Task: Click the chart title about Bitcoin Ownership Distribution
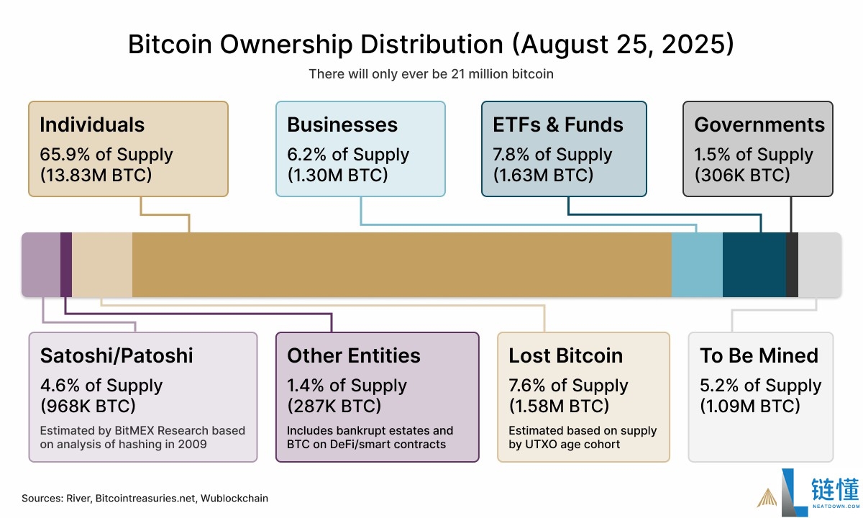[431, 45]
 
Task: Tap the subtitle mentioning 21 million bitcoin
[431, 73]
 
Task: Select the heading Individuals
[92, 124]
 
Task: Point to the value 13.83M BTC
[96, 175]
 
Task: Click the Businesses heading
[342, 124]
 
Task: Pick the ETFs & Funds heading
[558, 124]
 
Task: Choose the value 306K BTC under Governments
[742, 175]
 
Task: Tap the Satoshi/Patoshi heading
[117, 355]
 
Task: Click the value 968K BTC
[88, 406]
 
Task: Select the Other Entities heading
[354, 355]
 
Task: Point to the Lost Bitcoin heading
[566, 355]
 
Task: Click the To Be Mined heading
[759, 355]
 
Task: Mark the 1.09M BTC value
[750, 406]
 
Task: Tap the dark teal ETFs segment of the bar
[754, 265]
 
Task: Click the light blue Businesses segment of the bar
[697, 265]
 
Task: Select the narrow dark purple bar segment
[66, 265]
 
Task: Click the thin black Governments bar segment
[792, 265]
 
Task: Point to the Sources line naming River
[145, 498]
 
